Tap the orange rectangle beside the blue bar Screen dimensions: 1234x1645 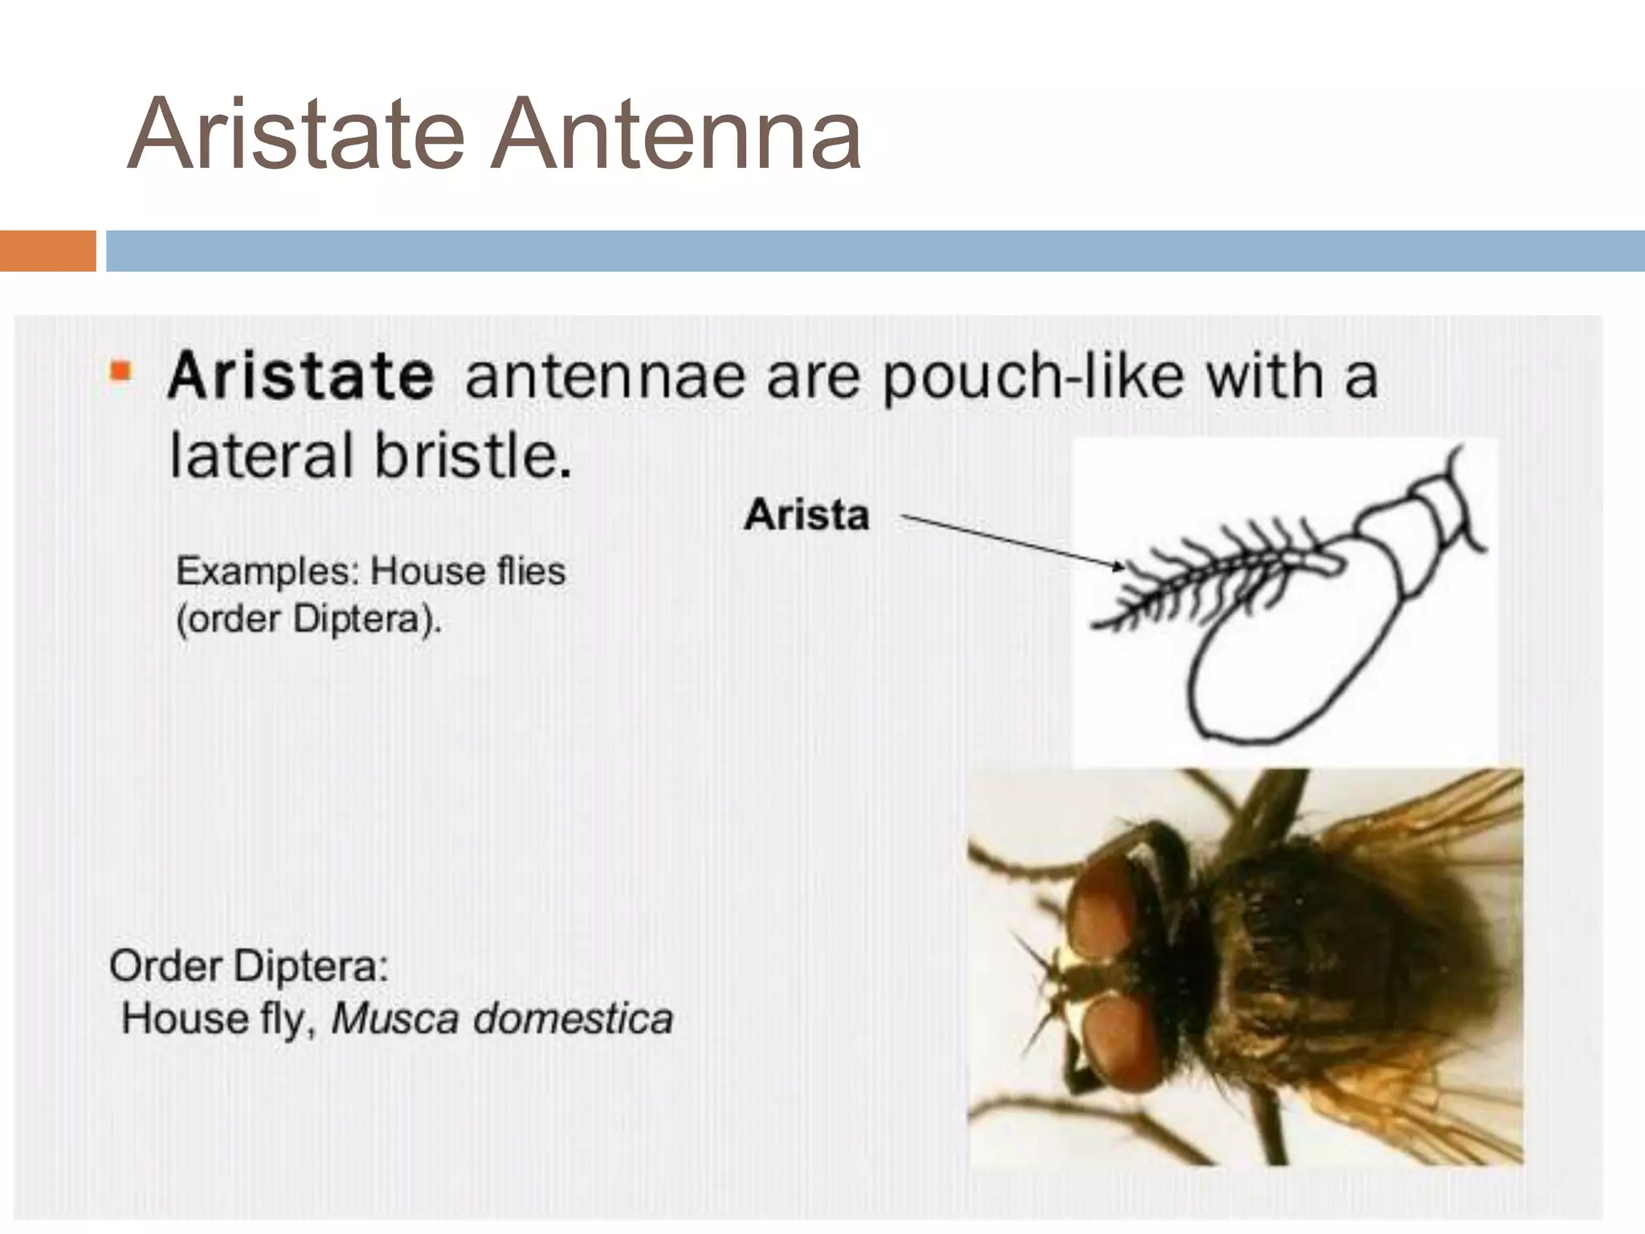47,251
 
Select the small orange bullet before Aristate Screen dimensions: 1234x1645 120,372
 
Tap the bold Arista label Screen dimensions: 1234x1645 806,515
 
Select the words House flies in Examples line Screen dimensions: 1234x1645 467,572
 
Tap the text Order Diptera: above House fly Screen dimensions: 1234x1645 249,966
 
